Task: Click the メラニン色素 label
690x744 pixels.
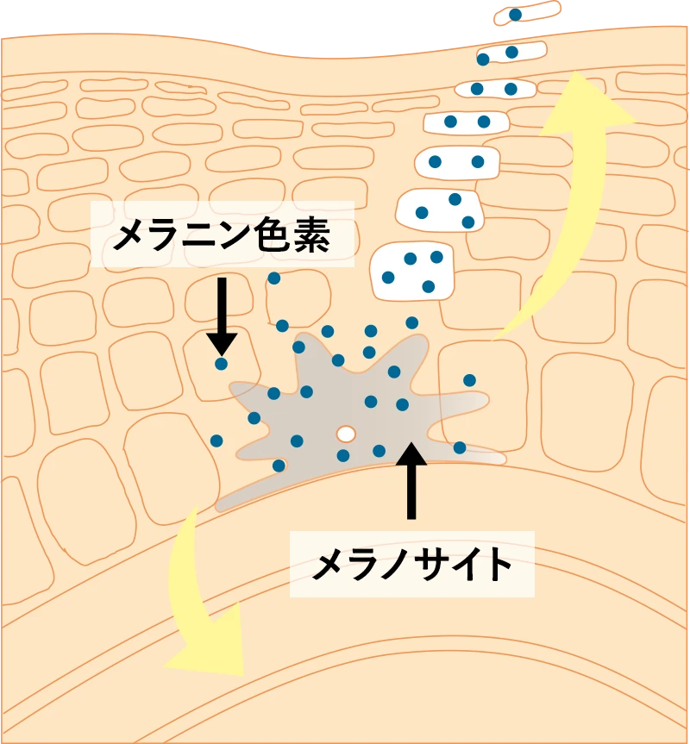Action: pos(222,234)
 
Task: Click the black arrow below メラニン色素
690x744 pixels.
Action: pos(222,315)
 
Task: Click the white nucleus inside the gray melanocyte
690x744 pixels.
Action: pos(346,433)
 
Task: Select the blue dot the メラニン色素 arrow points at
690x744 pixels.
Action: pos(222,364)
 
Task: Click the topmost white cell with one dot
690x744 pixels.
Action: pos(525,13)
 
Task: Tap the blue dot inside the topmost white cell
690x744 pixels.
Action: pos(515,15)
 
